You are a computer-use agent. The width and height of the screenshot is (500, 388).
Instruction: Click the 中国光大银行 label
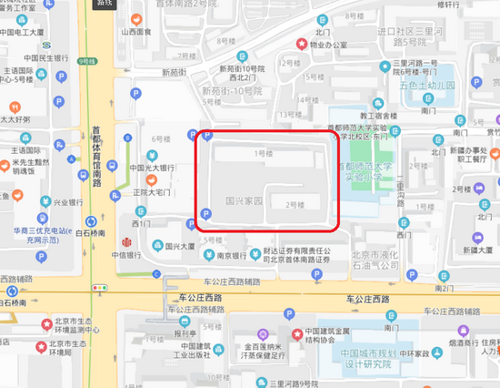(x=151, y=168)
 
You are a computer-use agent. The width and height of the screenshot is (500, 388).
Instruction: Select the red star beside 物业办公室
(x=300, y=43)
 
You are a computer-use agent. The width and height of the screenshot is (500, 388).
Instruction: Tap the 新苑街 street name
(x=177, y=74)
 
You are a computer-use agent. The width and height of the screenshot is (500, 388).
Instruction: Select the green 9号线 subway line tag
(x=87, y=61)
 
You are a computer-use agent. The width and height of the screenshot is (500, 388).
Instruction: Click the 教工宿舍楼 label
(x=379, y=116)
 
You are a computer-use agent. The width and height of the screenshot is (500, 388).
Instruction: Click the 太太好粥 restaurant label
(x=15, y=118)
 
